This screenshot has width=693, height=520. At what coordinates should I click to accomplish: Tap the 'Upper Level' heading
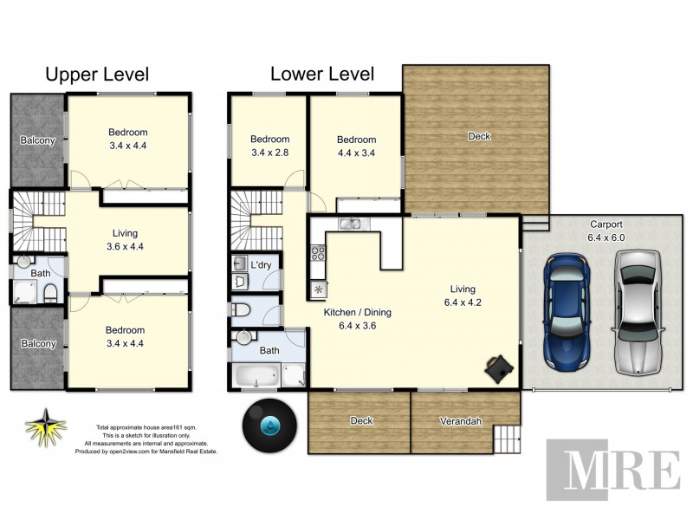pos(97,75)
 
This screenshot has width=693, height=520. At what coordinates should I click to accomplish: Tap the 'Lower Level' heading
pos(322,75)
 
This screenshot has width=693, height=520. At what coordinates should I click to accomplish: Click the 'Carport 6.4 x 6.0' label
pos(606,230)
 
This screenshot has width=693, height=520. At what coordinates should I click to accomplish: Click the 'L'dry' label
pos(261,263)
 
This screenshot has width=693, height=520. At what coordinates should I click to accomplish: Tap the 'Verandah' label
pos(463,421)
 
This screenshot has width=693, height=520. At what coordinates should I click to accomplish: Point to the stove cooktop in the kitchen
pos(318,254)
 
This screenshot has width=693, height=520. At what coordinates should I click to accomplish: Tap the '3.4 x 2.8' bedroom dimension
pos(269,153)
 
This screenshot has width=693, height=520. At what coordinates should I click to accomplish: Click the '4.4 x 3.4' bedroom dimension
pos(356,153)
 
